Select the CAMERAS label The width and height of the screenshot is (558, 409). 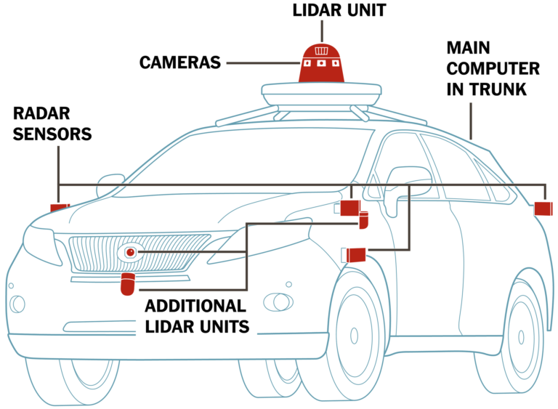click(179, 62)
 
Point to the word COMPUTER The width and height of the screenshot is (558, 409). click(493, 70)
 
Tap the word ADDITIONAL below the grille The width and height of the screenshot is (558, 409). click(195, 305)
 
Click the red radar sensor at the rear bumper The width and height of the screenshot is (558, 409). click(543, 209)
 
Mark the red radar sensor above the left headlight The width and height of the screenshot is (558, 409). click(59, 208)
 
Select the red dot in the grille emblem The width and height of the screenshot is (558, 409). click(130, 252)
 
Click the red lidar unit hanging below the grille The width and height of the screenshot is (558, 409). click(128, 284)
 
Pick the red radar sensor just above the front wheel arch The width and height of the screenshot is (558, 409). click(355, 254)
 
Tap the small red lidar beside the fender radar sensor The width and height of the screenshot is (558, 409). click(364, 220)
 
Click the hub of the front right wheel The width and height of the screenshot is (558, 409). click(354, 336)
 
